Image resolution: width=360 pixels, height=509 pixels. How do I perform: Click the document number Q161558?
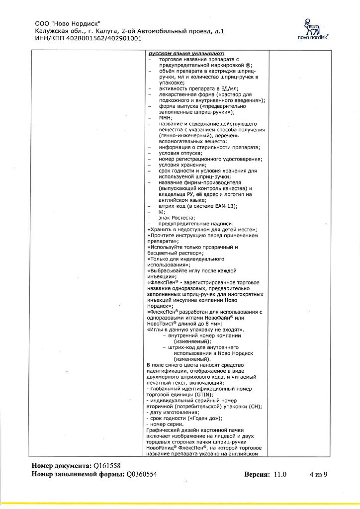click(107, 466)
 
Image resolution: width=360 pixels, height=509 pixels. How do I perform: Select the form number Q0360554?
click(142, 474)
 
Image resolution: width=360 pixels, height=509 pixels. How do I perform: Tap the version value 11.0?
click(280, 474)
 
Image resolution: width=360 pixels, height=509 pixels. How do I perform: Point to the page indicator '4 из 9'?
click(318, 474)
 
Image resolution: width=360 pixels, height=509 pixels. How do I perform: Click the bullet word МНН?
click(166, 117)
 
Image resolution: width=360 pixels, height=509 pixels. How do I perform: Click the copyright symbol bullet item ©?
click(161, 212)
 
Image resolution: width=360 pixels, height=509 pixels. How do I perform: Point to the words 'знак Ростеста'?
click(177, 218)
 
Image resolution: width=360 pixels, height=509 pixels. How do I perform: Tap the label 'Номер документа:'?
click(62, 466)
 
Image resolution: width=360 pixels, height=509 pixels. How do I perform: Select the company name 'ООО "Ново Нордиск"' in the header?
click(68, 23)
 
